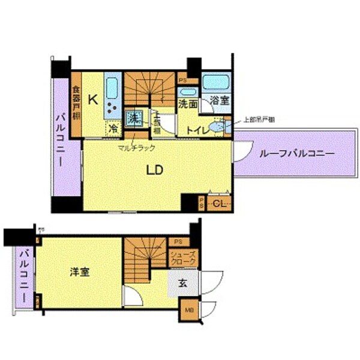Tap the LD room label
click(x=155, y=170)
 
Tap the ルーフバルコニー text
click(x=296, y=154)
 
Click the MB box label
click(x=189, y=310)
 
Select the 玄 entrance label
click(x=181, y=283)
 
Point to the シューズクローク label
click(x=181, y=259)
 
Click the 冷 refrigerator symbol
click(x=113, y=127)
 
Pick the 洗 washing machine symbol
click(x=134, y=118)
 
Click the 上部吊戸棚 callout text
click(x=259, y=119)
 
